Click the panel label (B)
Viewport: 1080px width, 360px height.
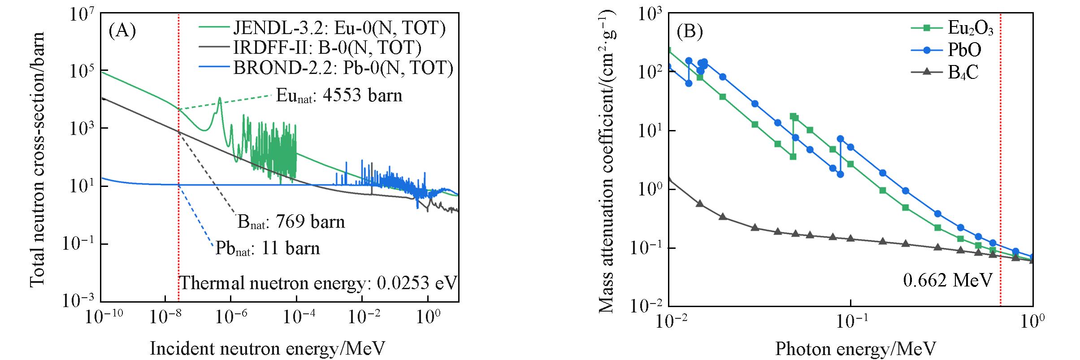[x=690, y=31]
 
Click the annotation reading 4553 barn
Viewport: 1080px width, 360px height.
[x=339, y=95]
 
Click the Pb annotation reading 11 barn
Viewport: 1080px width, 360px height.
[x=268, y=248]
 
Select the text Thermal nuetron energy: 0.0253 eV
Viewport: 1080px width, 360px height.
[x=318, y=283]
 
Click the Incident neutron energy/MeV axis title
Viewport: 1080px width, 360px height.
[x=267, y=348]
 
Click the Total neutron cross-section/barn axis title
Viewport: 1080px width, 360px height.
[x=38, y=159]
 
